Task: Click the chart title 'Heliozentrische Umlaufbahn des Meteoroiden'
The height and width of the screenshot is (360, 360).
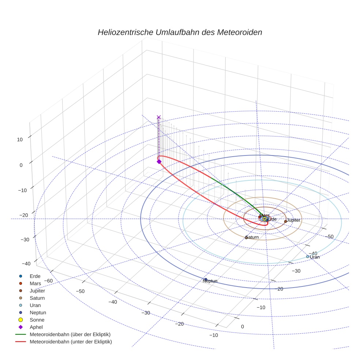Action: pos(180,32)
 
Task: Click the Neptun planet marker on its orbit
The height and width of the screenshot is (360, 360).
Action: pos(206,280)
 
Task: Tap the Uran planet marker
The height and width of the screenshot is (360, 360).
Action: pos(308,256)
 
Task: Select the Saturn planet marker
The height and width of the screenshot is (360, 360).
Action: pos(246,237)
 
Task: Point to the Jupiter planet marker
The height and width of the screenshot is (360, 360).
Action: pos(285,221)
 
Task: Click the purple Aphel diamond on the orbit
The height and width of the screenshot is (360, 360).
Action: pos(159,161)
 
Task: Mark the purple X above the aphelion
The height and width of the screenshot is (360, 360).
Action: pos(158,117)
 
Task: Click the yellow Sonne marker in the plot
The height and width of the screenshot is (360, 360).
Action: pos(264,219)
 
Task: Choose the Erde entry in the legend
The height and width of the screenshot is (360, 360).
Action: pos(35,276)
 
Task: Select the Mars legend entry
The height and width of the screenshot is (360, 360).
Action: pos(35,283)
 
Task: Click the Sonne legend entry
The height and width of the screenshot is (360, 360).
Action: pos(37,320)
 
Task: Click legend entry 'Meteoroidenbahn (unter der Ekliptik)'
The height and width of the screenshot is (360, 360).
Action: pos(71,342)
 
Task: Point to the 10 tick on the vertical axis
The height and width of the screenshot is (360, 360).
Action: pos(19,139)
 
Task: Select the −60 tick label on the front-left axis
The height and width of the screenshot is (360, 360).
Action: pos(48,281)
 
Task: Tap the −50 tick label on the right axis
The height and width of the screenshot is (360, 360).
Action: pos(329,237)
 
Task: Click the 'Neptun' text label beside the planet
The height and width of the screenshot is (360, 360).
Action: pos(210,281)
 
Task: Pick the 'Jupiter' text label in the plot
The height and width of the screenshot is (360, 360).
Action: pos(293,220)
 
